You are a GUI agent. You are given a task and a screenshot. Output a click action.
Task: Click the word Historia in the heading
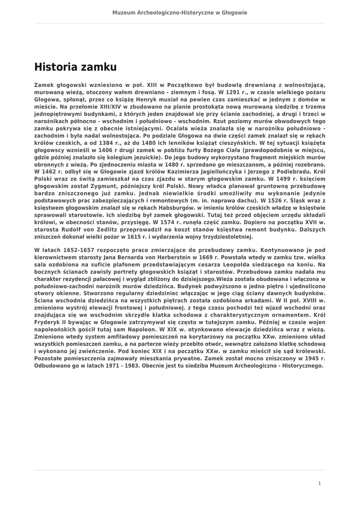pyautogui.click(x=53, y=67)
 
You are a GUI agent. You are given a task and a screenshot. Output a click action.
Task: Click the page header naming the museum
pyautogui.click(x=180, y=12)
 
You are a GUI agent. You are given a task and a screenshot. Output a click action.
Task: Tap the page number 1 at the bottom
pyautogui.click(x=319, y=483)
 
